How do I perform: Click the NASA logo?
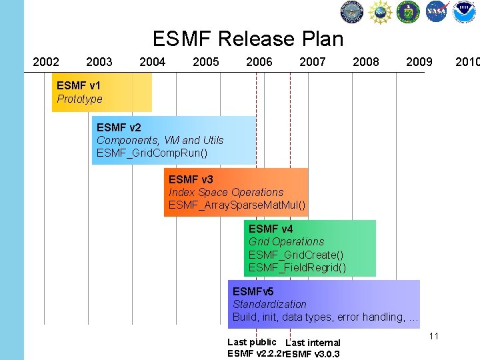click(x=437, y=11)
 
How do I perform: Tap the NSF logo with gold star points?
click(x=380, y=11)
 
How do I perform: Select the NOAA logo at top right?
click(x=465, y=11)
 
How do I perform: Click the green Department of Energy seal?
click(x=408, y=11)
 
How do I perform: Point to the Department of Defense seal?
click(x=352, y=11)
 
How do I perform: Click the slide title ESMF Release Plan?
click(x=248, y=39)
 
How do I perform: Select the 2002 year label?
click(x=46, y=62)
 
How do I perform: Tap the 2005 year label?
click(x=205, y=62)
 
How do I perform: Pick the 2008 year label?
click(x=365, y=62)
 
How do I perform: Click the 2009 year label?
click(x=419, y=62)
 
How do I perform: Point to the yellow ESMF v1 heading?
click(x=79, y=85)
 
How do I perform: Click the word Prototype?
click(x=79, y=99)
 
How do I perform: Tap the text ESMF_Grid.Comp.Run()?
click(x=152, y=153)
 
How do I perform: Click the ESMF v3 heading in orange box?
click(x=191, y=179)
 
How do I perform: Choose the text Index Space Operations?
click(x=225, y=192)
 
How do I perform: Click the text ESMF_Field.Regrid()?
click(x=297, y=267)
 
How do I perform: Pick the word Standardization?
click(x=269, y=304)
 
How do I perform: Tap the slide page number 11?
click(x=434, y=336)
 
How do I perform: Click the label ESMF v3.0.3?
click(x=313, y=353)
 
